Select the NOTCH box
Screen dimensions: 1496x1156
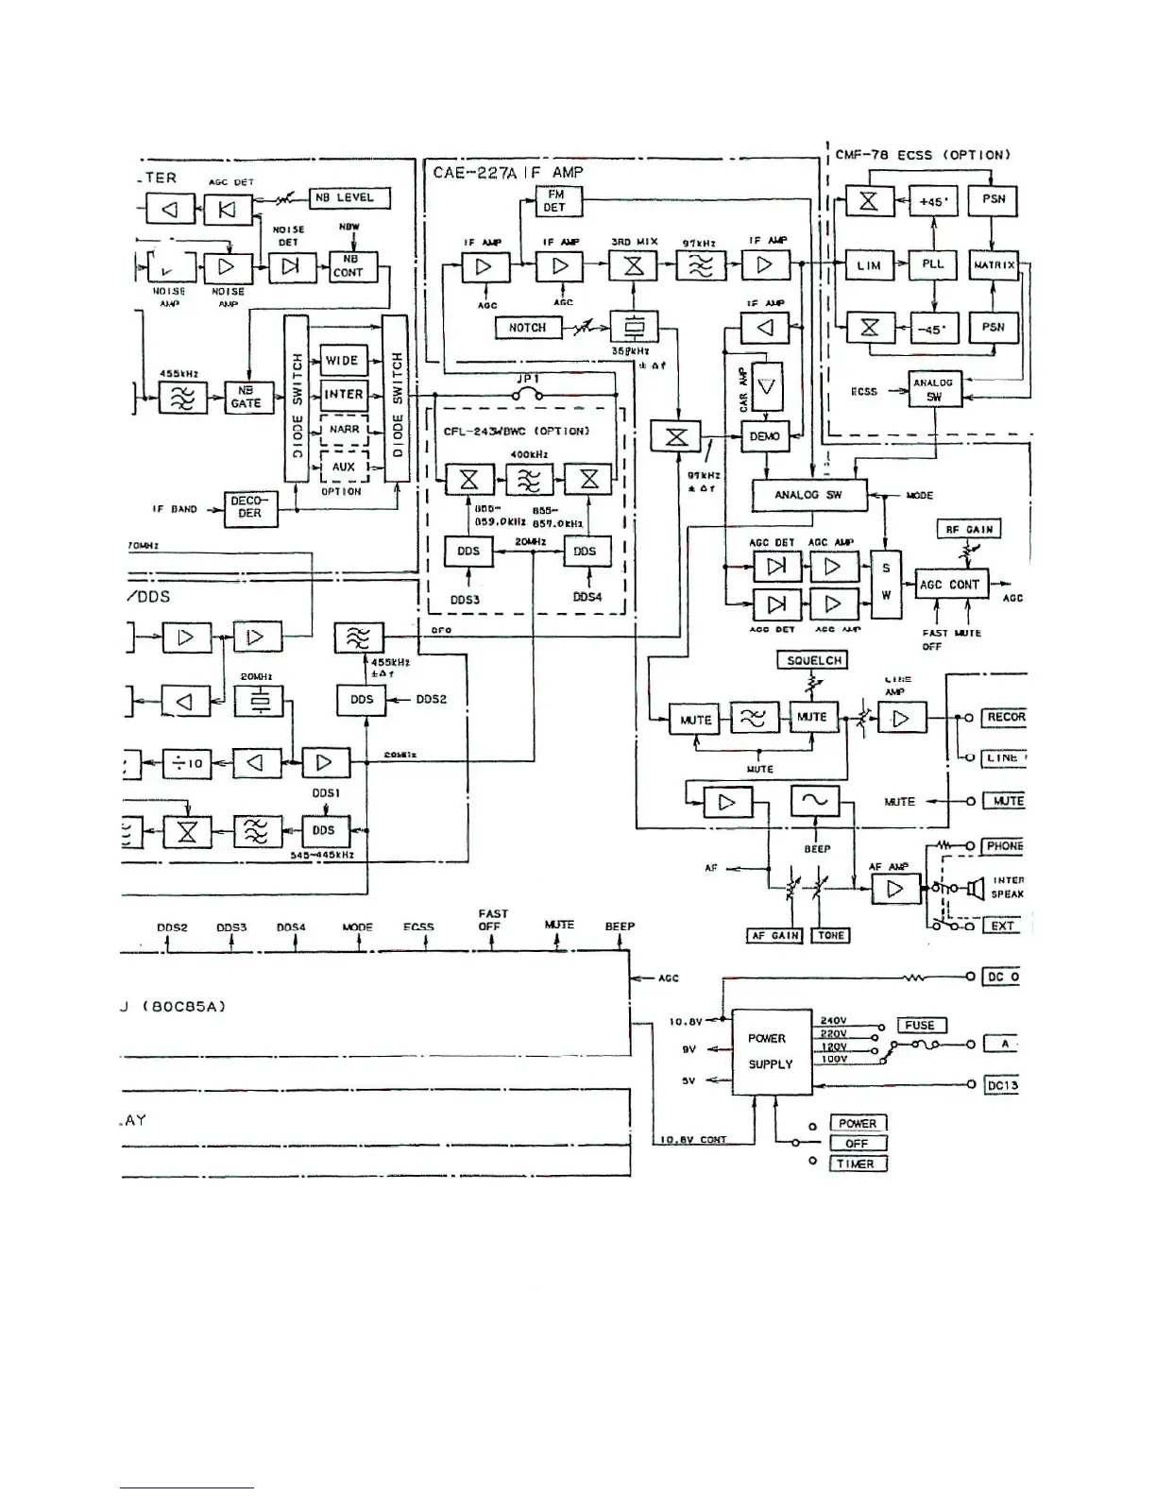click(527, 328)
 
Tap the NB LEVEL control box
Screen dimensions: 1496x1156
click(349, 198)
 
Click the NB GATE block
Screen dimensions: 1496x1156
click(246, 397)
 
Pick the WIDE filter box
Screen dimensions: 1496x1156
click(343, 360)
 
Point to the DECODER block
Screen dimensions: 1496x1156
click(250, 507)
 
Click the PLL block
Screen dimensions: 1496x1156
click(932, 264)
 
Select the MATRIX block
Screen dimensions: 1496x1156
click(994, 265)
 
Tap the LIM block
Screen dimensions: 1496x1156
click(869, 265)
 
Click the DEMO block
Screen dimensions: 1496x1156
click(765, 436)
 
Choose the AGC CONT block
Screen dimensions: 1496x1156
click(950, 585)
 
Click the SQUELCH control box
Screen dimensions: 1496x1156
click(813, 660)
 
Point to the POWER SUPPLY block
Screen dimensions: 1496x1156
click(772, 1051)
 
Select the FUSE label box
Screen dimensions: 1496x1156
click(920, 1026)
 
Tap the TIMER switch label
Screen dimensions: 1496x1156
click(857, 1164)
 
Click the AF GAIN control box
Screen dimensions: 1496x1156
click(773, 935)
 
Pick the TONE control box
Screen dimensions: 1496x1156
click(831, 935)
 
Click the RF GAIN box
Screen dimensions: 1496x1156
click(969, 529)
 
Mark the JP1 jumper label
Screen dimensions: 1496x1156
click(527, 378)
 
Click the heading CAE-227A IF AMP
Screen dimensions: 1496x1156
click(508, 173)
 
